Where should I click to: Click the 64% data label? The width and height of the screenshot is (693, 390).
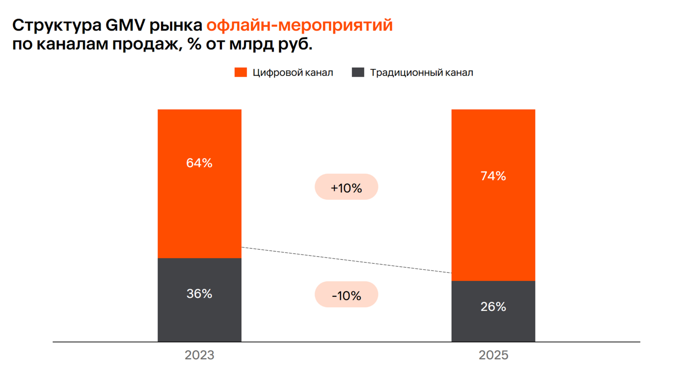pos(199,163)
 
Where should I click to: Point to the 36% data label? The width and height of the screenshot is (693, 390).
pos(199,294)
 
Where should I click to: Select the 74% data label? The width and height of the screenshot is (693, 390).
pos(493,176)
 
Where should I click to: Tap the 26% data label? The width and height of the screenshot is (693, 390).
pos(493,307)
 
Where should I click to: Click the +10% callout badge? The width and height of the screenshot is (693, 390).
pos(346,187)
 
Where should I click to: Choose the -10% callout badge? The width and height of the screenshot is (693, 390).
pos(346,295)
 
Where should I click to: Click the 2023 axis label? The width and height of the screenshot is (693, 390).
pos(199,355)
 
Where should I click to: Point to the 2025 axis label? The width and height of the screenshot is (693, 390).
pos(493,355)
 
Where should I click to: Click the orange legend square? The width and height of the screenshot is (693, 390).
pos(240,73)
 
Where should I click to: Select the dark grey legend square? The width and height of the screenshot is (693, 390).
pos(358,73)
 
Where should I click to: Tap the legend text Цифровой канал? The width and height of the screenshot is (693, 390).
pos(292,73)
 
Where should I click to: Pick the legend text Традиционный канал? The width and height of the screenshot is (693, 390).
pos(421,73)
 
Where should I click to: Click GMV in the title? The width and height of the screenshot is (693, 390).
pos(125,26)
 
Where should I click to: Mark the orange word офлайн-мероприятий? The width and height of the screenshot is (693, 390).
pos(299,26)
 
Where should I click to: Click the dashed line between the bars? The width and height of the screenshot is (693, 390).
pos(346,260)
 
